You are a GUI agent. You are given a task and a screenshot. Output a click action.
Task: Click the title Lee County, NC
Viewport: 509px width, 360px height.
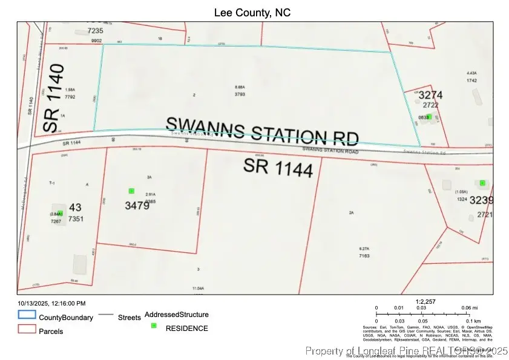pyautogui.click(x=254, y=12)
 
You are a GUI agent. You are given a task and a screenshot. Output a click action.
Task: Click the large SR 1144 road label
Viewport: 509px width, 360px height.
pyautogui.click(x=278, y=167)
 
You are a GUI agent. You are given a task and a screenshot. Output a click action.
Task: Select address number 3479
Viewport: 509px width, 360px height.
pyautogui.click(x=137, y=205)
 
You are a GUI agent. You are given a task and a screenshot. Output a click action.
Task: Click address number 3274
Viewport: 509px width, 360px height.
pyautogui.click(x=431, y=95)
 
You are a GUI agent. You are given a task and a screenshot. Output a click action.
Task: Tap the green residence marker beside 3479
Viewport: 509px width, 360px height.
pyautogui.click(x=131, y=191)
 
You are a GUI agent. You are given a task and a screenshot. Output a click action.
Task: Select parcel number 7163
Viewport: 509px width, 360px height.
pyautogui.click(x=364, y=257)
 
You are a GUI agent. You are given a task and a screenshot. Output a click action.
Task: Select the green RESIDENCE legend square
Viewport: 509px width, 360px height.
pyautogui.click(x=154, y=326)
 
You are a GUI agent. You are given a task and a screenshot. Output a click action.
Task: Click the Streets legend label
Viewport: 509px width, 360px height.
pyautogui.click(x=130, y=317)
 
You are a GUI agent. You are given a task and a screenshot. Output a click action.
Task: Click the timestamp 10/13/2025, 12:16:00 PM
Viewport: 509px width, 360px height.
pyautogui.click(x=51, y=303)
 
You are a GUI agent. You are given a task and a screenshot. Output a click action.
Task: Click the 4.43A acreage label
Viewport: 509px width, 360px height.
pyautogui.click(x=472, y=72)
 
